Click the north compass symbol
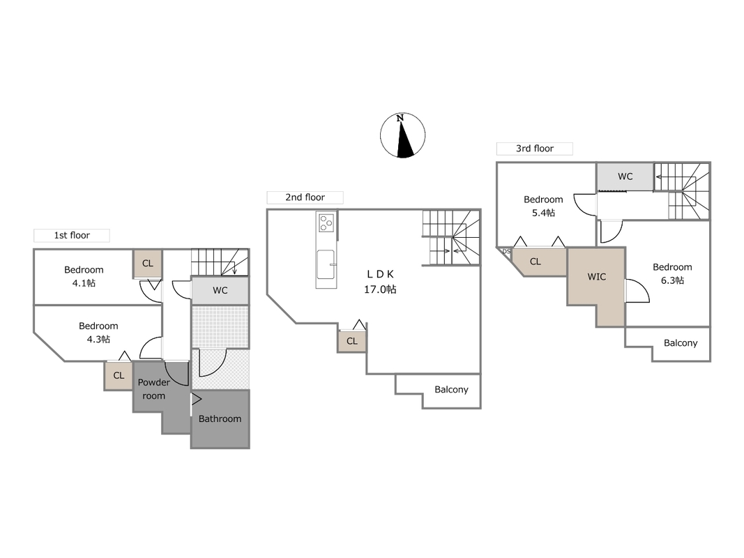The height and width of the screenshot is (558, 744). [x=402, y=135]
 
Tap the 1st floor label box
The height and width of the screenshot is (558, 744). [x=72, y=235]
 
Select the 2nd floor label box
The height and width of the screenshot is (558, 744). [x=305, y=197]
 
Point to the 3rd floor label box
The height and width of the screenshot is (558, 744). [x=535, y=149]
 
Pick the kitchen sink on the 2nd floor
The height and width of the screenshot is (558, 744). [x=326, y=265]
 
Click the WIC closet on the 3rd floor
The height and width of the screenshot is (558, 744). [x=596, y=285]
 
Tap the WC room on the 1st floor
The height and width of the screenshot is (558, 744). [x=220, y=290]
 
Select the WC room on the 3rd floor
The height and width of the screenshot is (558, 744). [x=625, y=176]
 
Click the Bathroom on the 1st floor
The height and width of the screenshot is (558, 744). [x=220, y=419]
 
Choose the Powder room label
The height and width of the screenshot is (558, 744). [x=153, y=389]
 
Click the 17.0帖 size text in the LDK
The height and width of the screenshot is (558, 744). [x=380, y=289]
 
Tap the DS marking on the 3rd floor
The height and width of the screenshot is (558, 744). [x=506, y=251]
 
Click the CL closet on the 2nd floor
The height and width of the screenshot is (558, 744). [x=351, y=341]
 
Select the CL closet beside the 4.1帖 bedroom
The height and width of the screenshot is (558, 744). [x=148, y=264]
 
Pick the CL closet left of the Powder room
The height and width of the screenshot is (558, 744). [x=119, y=376]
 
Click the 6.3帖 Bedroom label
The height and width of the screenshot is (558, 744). [x=672, y=274]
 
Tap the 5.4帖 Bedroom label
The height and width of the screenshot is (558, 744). [x=543, y=206]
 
